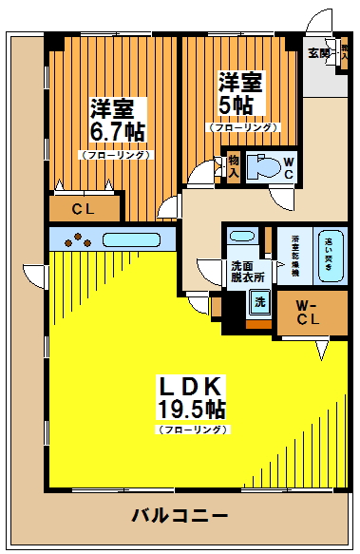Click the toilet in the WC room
(264, 168)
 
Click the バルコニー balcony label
(180, 516)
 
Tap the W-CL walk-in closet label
(306, 313)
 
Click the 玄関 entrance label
(317, 53)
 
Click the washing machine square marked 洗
(259, 303)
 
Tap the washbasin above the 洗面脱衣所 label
(242, 238)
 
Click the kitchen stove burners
(75, 239)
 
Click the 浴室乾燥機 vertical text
(295, 255)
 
